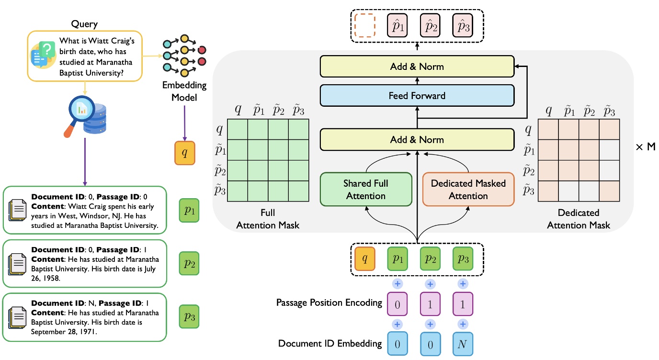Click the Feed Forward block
point(417,96)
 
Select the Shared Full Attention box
point(366,190)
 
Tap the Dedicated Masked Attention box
point(468,190)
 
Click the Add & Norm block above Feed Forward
point(417,66)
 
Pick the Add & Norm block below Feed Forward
point(417,140)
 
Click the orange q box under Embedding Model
point(185,153)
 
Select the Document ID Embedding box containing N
point(463,344)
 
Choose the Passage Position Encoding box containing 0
point(398,304)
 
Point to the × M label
point(645,147)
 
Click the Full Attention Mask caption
point(268,219)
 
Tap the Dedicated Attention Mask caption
point(579,219)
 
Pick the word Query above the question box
point(84,23)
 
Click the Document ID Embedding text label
point(329,343)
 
